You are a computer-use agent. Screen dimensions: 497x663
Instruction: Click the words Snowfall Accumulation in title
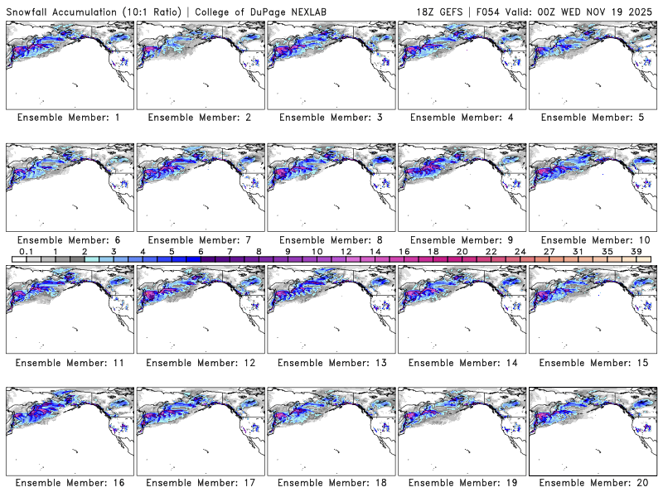[67, 11]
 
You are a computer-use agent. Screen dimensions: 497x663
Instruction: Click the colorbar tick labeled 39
[636, 251]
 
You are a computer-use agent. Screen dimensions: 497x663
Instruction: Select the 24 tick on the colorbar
[520, 251]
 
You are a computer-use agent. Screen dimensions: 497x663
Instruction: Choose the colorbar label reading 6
[201, 251]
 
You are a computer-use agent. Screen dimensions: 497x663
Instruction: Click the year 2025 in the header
[643, 11]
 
